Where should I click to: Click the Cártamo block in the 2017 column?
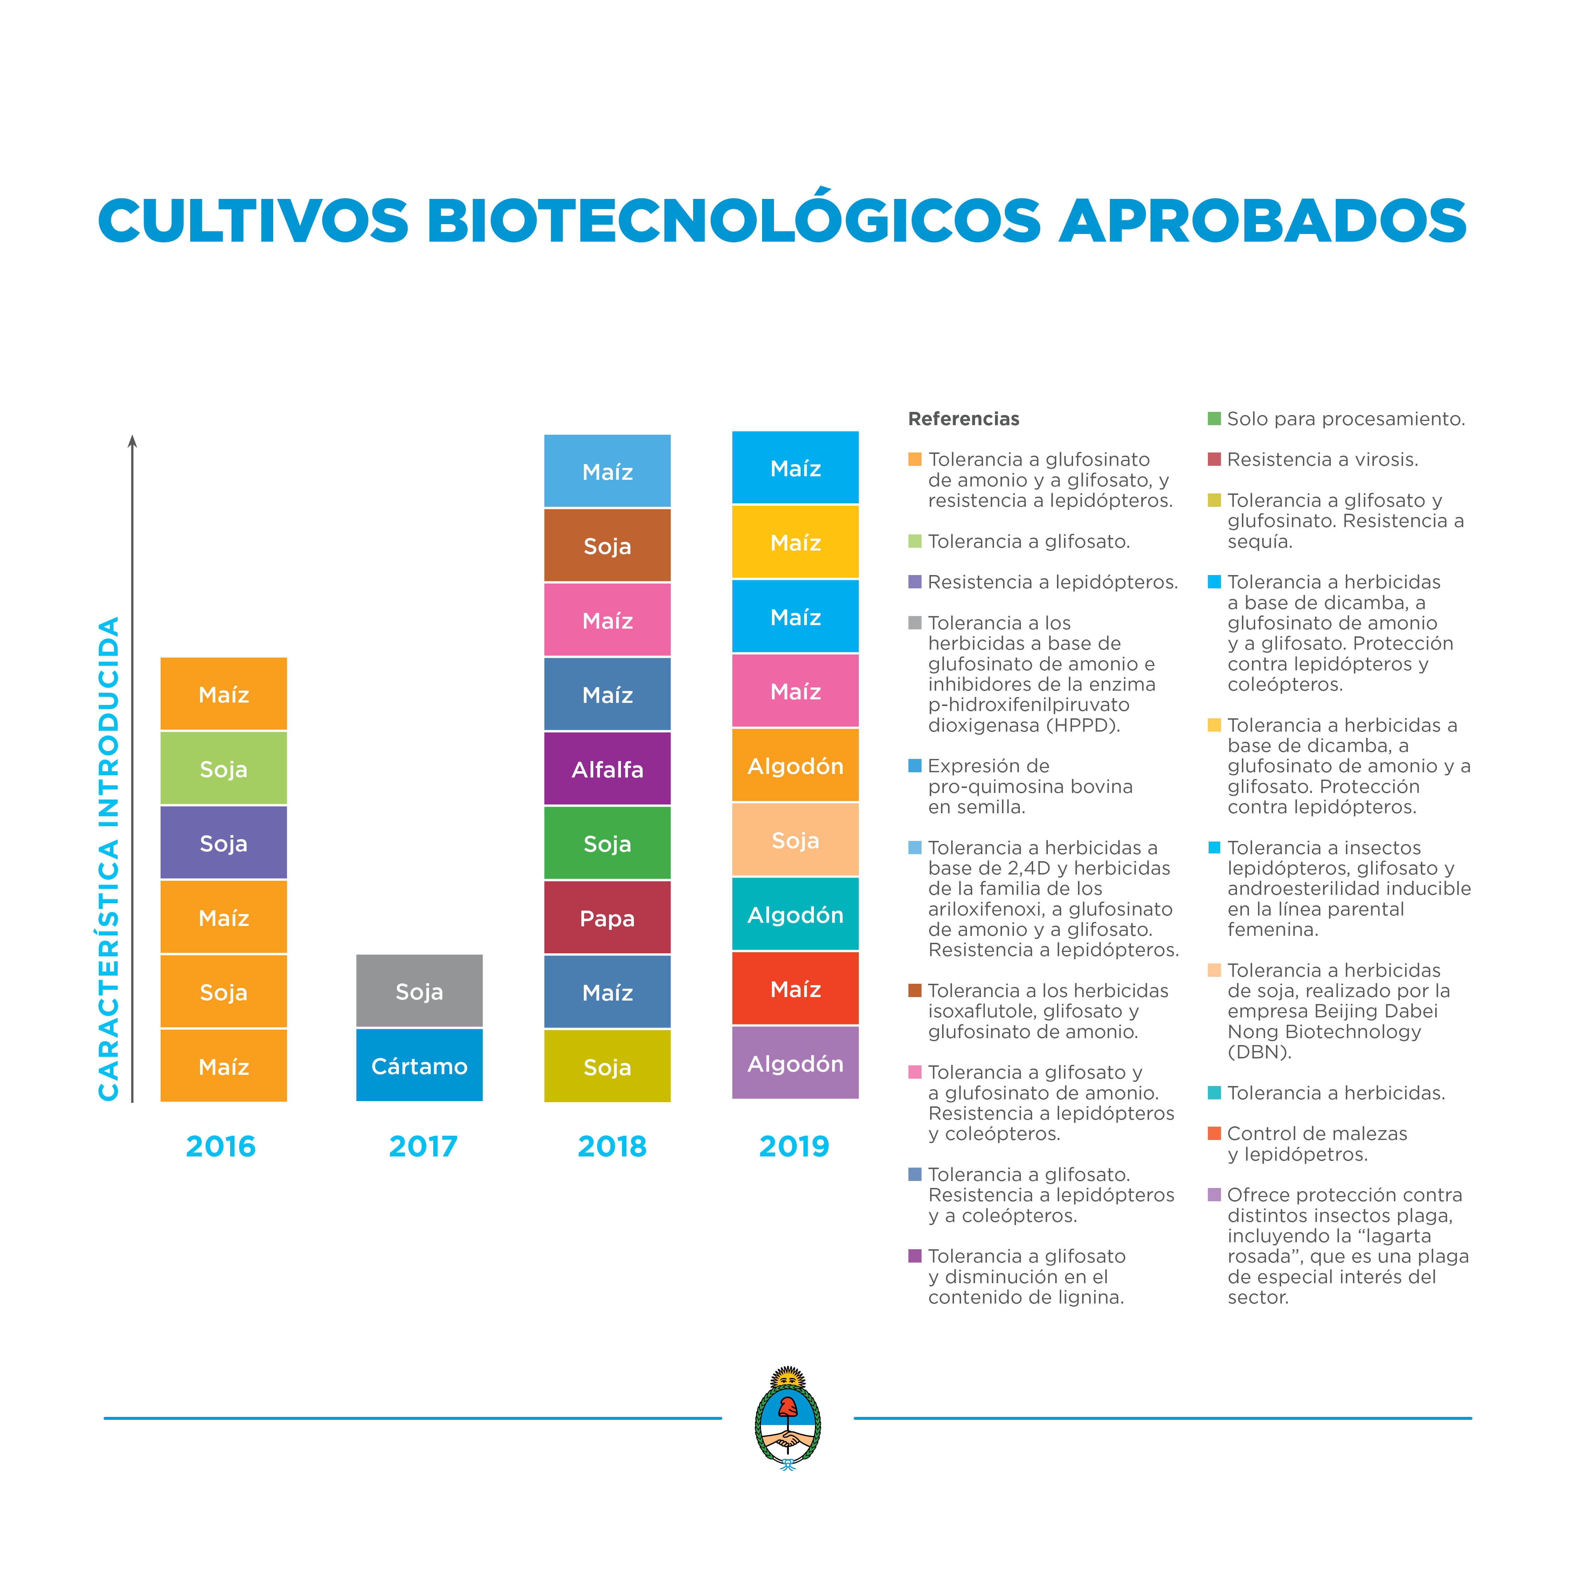coord(419,1065)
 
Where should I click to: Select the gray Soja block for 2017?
coord(419,991)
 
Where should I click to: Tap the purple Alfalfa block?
coord(607,768)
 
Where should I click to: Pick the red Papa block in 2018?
coord(607,918)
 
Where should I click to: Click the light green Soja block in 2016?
coord(223,768)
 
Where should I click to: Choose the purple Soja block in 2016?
coord(223,843)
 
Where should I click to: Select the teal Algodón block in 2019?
coord(795,914)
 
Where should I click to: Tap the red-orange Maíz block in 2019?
coord(795,989)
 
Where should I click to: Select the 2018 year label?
coord(612,1146)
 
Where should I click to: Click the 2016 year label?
coord(220,1146)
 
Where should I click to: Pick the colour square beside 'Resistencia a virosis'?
coord(1214,459)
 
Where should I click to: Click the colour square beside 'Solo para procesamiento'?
coord(1214,419)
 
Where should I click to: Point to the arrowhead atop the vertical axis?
coord(132,441)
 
